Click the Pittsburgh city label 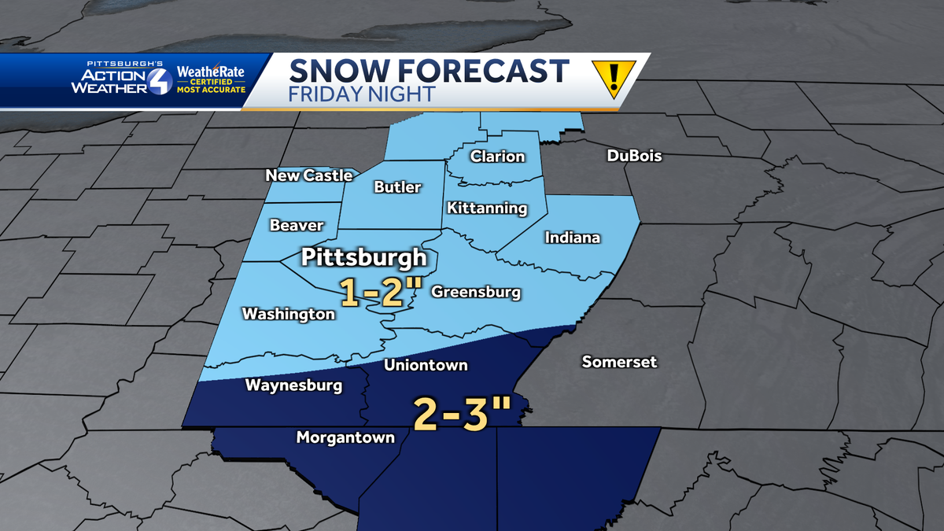click(x=365, y=258)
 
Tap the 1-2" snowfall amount click(x=377, y=293)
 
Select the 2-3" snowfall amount click(x=462, y=414)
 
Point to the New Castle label click(x=308, y=175)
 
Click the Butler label click(x=397, y=187)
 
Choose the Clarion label click(x=497, y=157)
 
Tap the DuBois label click(x=634, y=156)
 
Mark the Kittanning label click(x=486, y=208)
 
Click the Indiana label click(x=572, y=238)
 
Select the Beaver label click(x=297, y=226)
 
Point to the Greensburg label click(x=476, y=293)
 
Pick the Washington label click(x=288, y=314)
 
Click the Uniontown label click(x=426, y=365)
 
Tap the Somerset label click(x=619, y=362)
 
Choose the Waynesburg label click(x=293, y=385)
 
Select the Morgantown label click(x=345, y=437)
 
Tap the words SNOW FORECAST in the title click(x=429, y=71)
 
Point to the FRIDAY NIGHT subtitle click(x=361, y=94)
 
